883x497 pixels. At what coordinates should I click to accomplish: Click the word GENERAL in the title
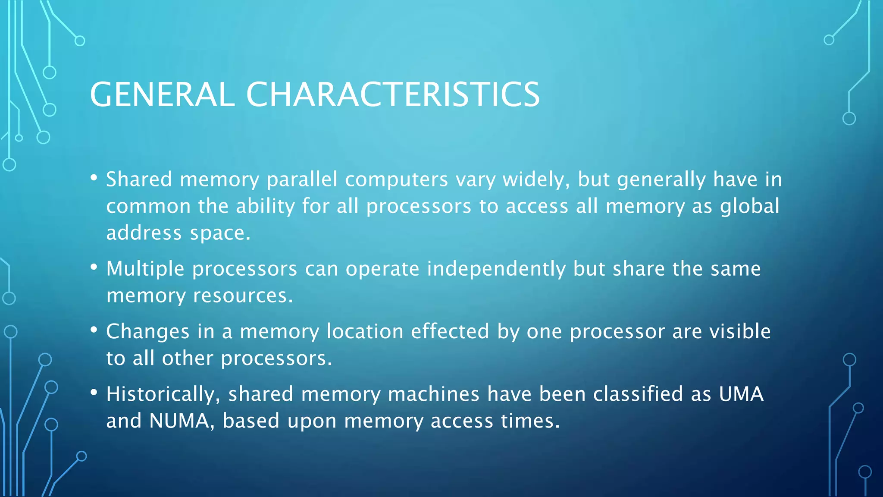coord(162,94)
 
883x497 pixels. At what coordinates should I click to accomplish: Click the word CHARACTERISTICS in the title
coord(392,94)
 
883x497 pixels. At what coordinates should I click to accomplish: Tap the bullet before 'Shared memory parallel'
coord(94,178)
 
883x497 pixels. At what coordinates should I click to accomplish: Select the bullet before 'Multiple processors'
coord(94,267)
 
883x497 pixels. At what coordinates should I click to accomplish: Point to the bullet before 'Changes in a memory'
coord(94,330)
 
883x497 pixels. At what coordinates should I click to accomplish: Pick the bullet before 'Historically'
coord(94,393)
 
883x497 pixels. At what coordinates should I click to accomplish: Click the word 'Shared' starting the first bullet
coord(139,179)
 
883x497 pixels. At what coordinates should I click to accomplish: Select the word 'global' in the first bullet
coord(750,206)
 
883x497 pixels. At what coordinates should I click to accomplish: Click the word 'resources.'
coord(243,296)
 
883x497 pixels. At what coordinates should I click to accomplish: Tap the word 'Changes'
coord(147,332)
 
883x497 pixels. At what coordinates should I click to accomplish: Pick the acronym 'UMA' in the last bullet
coord(741,394)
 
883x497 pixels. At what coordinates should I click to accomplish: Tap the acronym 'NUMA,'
coord(182,421)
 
